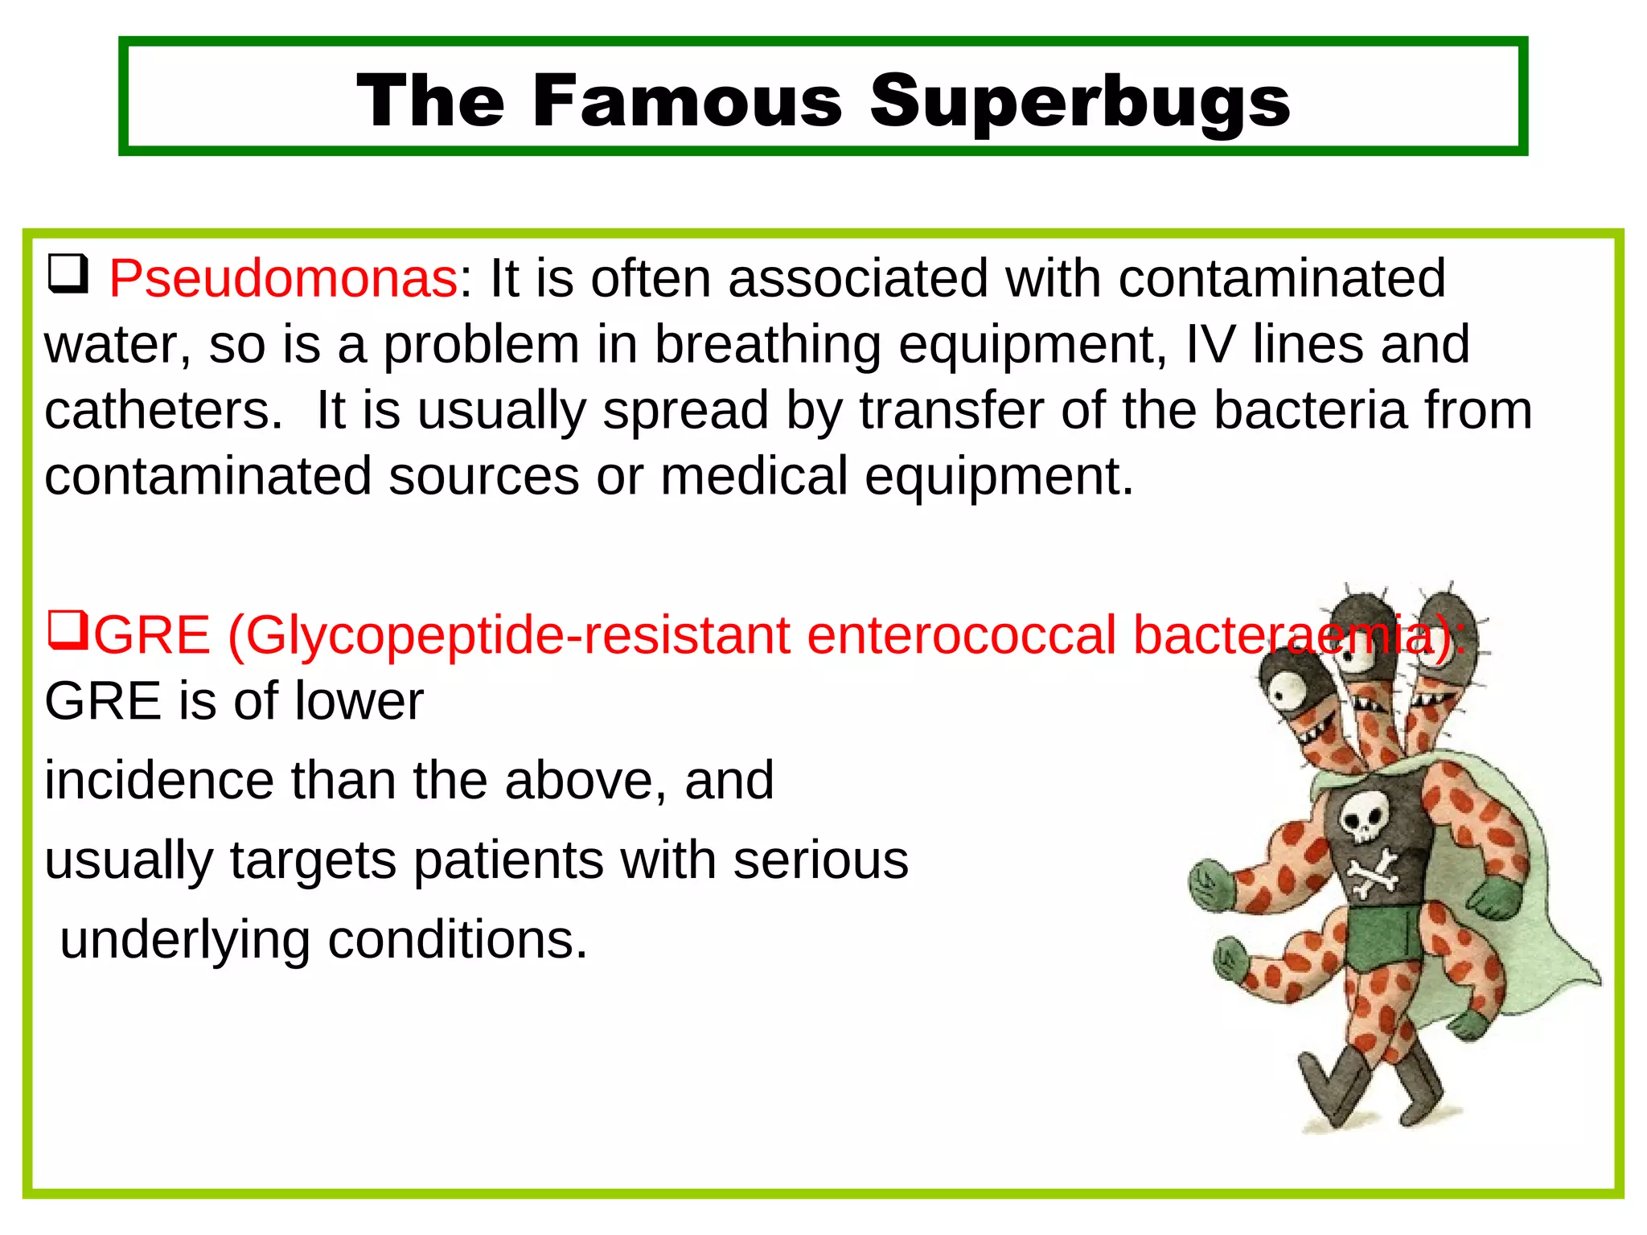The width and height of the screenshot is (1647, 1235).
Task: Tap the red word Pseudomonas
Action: pyautogui.click(x=283, y=279)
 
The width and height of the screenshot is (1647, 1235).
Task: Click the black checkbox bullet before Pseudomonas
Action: pyautogui.click(x=68, y=273)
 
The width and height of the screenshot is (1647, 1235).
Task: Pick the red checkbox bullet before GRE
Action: pyautogui.click(x=68, y=630)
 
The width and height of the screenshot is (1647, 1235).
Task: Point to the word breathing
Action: pyautogui.click(x=767, y=345)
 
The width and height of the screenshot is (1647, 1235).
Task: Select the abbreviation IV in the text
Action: pyautogui.click(x=1210, y=345)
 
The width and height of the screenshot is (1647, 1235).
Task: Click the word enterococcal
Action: pyautogui.click(x=961, y=636)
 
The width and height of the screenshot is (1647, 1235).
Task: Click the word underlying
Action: pyautogui.click(x=185, y=940)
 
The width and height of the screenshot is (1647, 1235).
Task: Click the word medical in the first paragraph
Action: pyautogui.click(x=754, y=477)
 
